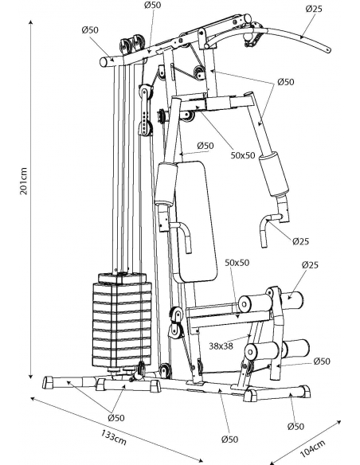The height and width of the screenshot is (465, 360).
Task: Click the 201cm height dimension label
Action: click(x=23, y=181)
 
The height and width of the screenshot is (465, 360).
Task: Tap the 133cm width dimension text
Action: click(x=114, y=437)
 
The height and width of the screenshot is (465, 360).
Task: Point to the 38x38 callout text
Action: click(x=221, y=346)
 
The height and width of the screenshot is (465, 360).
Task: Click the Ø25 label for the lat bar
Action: click(x=314, y=9)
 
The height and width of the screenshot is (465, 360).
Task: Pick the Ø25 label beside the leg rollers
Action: click(x=310, y=264)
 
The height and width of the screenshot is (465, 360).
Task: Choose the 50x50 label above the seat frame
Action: click(x=237, y=263)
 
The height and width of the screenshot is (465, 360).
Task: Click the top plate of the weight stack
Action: click(x=122, y=277)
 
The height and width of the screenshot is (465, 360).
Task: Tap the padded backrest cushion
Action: click(x=196, y=221)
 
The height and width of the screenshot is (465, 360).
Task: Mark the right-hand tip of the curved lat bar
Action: click(x=329, y=50)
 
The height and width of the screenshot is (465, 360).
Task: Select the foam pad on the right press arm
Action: click(x=273, y=174)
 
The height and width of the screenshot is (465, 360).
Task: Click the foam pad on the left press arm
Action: click(x=166, y=184)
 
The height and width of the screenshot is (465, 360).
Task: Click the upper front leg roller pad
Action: click(x=256, y=303)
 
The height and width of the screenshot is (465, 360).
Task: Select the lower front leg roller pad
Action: click(x=262, y=351)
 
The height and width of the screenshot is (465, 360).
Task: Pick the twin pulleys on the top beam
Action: click(x=131, y=45)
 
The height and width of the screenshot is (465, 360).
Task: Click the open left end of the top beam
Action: click(x=104, y=62)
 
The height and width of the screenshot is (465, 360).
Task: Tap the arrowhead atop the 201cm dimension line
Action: click(x=30, y=22)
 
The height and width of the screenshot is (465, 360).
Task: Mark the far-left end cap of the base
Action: click(x=48, y=382)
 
